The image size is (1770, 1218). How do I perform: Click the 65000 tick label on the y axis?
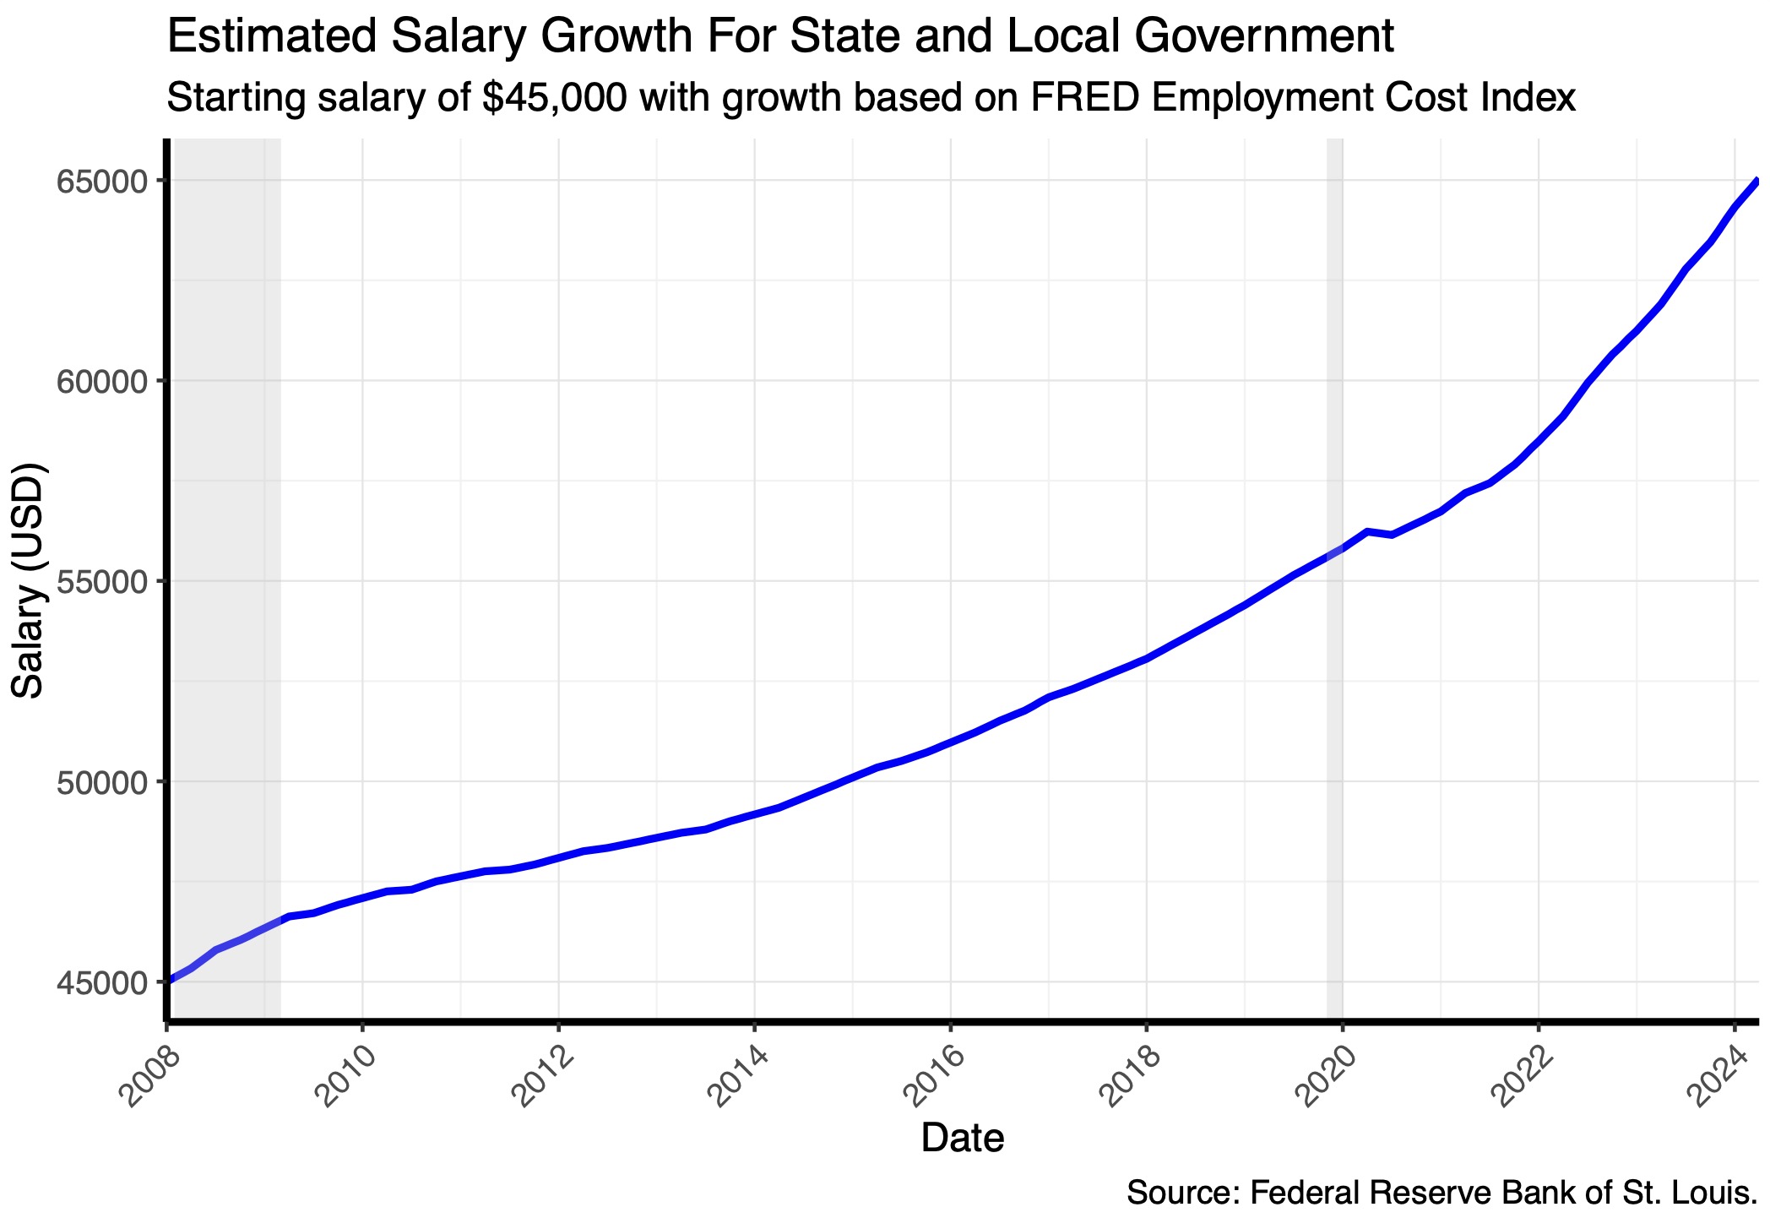pyautogui.click(x=102, y=182)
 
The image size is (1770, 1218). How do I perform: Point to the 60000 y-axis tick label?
pyautogui.click(x=102, y=381)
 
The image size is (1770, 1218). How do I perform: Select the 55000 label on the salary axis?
pyautogui.click(x=102, y=581)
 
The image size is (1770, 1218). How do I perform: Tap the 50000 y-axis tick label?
pyautogui.click(x=102, y=781)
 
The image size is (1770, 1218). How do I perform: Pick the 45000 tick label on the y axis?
pyautogui.click(x=102, y=982)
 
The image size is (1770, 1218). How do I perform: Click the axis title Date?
pyautogui.click(x=962, y=1139)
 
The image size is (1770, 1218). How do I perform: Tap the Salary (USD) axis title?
pyautogui.click(x=29, y=580)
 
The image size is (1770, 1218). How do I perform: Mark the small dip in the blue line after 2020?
pyautogui.click(x=1390, y=535)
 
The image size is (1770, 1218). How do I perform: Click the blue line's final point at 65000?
pyautogui.click(x=1756, y=181)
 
